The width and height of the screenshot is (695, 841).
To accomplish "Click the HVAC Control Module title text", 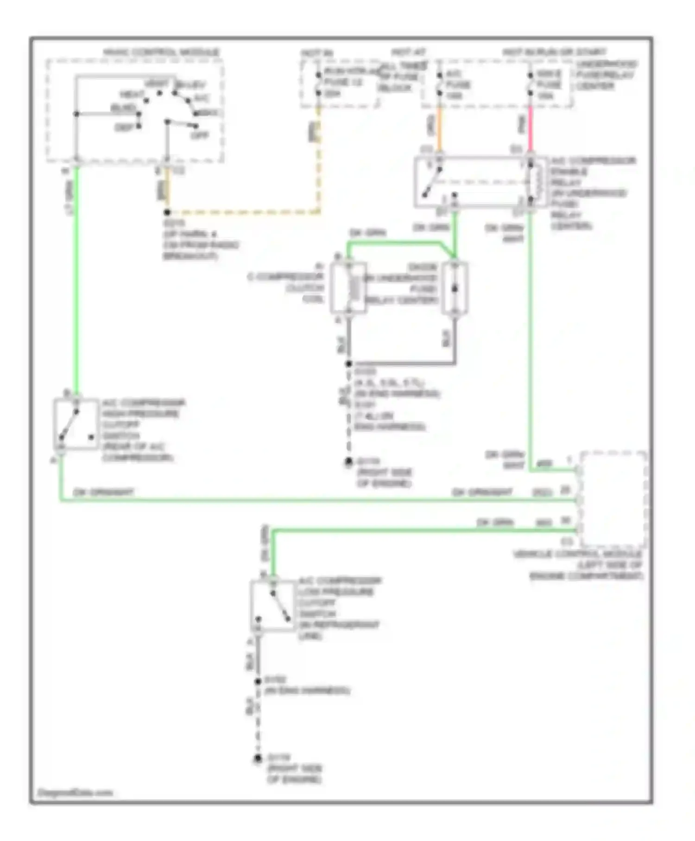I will tap(161, 52).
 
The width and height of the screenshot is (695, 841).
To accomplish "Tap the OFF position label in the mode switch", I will tap(200, 135).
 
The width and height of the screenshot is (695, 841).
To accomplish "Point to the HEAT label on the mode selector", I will tap(132, 95).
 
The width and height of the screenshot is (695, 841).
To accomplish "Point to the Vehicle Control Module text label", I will tap(578, 565).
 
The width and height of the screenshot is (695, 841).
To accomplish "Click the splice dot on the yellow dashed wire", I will tap(167, 212).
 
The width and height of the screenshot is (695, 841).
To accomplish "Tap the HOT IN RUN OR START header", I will tap(554, 52).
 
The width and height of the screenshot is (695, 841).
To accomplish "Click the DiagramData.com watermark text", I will tap(75, 793).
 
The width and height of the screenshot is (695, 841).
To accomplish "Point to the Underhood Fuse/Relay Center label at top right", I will tap(606, 75).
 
